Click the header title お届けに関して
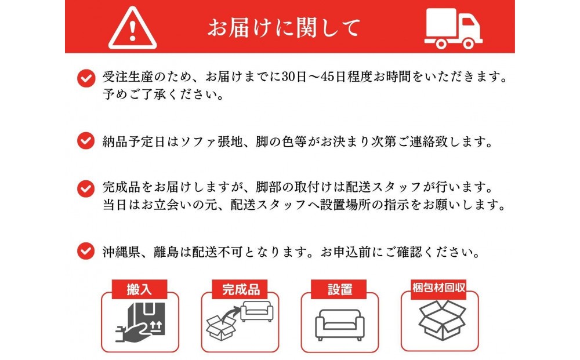pos(284,28)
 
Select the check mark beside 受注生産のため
pos(86,78)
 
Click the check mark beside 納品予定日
pos(86,141)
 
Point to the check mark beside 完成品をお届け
pos(86,188)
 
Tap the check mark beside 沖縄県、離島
pos(86,251)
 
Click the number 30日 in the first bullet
pos(294,77)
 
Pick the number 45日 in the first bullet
pos(334,77)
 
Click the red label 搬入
pos(139,289)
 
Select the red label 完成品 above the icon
pos(240,289)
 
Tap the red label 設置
pos(339,289)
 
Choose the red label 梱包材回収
pos(438,288)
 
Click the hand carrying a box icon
pos(140,322)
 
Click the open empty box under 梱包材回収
pos(442,320)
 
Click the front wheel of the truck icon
pos(468,44)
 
